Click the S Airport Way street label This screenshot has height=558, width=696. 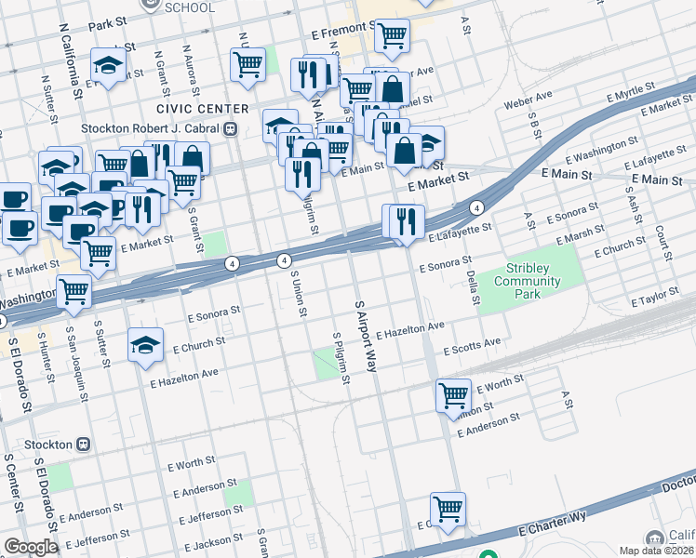click(364, 336)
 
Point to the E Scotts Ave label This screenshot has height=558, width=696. click(472, 348)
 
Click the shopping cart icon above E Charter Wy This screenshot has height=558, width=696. click(448, 509)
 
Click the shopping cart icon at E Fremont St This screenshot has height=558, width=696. click(393, 35)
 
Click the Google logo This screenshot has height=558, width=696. click(30, 547)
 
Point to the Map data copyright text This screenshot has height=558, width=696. click(657, 550)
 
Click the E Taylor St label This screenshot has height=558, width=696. click(662, 299)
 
